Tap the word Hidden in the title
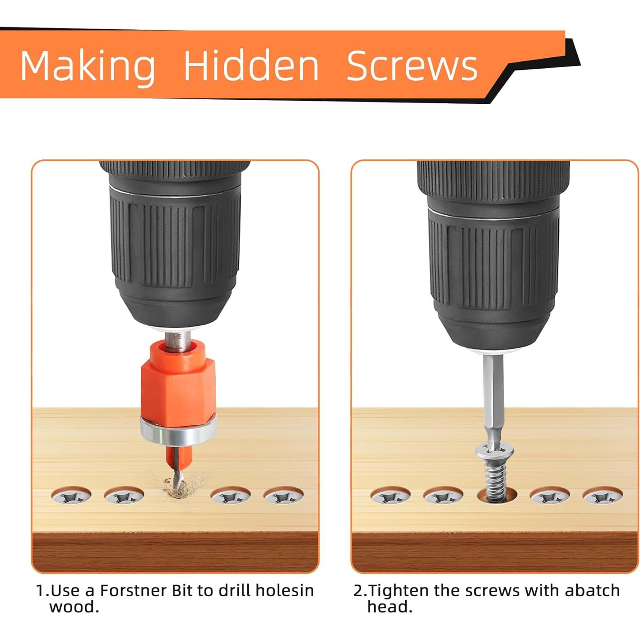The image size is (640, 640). point(251,65)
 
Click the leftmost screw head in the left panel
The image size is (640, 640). point(71,496)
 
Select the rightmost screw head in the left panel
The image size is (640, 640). point(283,496)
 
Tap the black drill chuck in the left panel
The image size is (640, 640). point(175,246)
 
